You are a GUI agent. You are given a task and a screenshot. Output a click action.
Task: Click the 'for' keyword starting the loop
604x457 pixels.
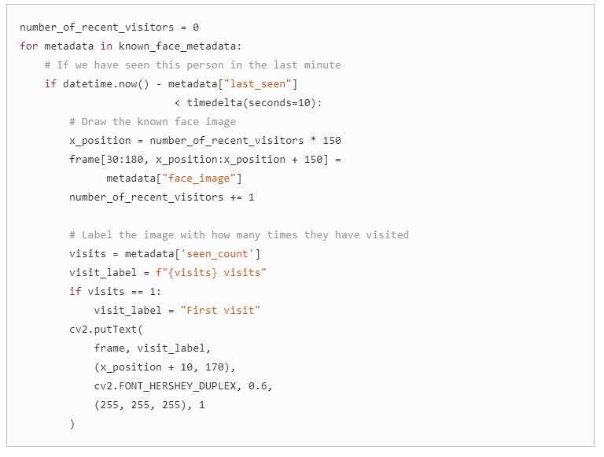tap(29, 46)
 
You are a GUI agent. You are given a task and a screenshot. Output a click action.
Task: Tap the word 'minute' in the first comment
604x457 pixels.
tap(322, 64)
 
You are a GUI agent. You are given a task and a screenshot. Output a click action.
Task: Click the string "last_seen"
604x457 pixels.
tap(258, 84)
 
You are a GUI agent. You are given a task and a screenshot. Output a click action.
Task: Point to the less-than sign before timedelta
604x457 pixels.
tap(177, 103)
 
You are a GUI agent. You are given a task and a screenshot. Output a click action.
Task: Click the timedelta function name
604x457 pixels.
tap(214, 102)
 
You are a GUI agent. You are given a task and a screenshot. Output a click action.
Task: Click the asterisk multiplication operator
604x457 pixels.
tap(313, 139)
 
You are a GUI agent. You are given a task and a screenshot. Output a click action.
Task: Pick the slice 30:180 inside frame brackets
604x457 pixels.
tap(125, 159)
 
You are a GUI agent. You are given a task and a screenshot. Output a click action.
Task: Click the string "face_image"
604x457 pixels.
tap(199, 179)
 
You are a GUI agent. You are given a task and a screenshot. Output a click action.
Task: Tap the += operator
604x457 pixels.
tap(236, 197)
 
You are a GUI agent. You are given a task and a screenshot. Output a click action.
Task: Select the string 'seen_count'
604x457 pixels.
tap(217, 254)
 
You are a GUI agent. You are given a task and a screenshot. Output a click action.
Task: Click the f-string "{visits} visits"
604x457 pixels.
tap(211, 273)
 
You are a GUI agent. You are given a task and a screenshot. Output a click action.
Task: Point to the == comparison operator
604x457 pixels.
tap(137, 292)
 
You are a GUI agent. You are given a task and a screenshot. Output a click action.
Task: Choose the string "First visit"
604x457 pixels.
tap(220, 311)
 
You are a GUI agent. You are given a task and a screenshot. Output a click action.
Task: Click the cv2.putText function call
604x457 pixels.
tap(103, 330)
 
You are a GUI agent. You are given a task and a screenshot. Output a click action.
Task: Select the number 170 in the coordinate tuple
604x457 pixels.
tap(214, 367)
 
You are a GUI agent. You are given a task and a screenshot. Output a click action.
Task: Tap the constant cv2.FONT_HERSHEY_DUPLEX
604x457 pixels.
tap(165, 386)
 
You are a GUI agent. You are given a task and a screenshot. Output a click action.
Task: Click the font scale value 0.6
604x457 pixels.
tap(257, 385)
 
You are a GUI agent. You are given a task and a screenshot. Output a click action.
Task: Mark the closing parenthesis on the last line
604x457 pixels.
tap(72, 424)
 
